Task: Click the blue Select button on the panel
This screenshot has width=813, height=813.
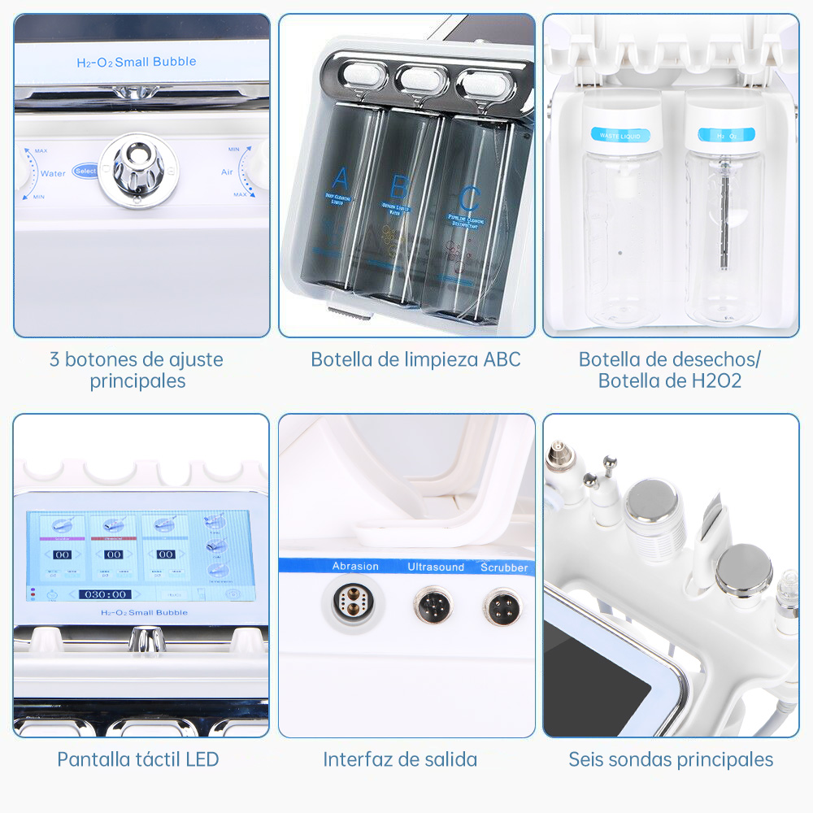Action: pyautogui.click(x=85, y=171)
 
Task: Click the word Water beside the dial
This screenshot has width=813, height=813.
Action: pyautogui.click(x=53, y=173)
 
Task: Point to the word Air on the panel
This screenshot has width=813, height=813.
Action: pyautogui.click(x=228, y=172)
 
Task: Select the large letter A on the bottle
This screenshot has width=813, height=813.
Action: pyautogui.click(x=340, y=177)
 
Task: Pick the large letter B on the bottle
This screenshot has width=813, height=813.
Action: pyautogui.click(x=398, y=188)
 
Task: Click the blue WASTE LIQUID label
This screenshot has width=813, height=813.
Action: pyautogui.click(x=620, y=135)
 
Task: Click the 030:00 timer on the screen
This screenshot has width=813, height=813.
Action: pyautogui.click(x=106, y=594)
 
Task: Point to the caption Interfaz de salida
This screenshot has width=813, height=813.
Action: pyautogui.click(x=400, y=759)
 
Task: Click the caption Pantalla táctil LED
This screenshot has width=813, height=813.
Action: pyautogui.click(x=138, y=759)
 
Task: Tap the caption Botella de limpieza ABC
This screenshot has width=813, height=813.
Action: pyautogui.click(x=415, y=359)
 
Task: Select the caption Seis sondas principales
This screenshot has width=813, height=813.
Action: pyautogui.click(x=671, y=759)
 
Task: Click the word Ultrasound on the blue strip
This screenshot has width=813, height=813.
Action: pyautogui.click(x=436, y=567)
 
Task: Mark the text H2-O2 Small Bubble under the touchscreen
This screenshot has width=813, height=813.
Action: pyautogui.click(x=143, y=612)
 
